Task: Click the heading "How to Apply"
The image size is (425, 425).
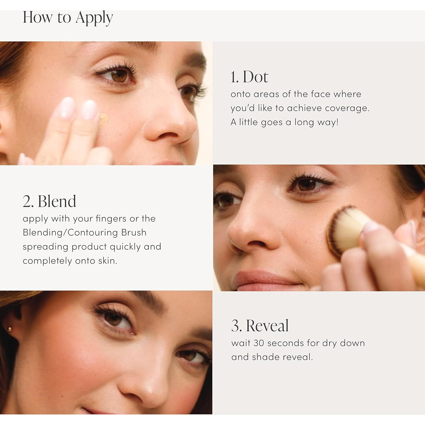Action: (x=68, y=18)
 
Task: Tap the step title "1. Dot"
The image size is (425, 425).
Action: (x=249, y=77)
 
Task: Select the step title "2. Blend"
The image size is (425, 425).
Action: (x=49, y=201)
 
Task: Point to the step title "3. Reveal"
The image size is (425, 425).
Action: (x=260, y=326)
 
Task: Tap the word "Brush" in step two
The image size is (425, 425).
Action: (x=134, y=233)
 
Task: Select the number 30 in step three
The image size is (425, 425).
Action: (x=259, y=343)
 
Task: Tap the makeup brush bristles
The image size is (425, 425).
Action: (x=344, y=229)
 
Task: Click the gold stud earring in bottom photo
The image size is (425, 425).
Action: (x=10, y=329)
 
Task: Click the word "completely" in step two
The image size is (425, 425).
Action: (x=47, y=261)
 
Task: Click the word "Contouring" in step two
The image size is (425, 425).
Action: (x=93, y=233)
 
